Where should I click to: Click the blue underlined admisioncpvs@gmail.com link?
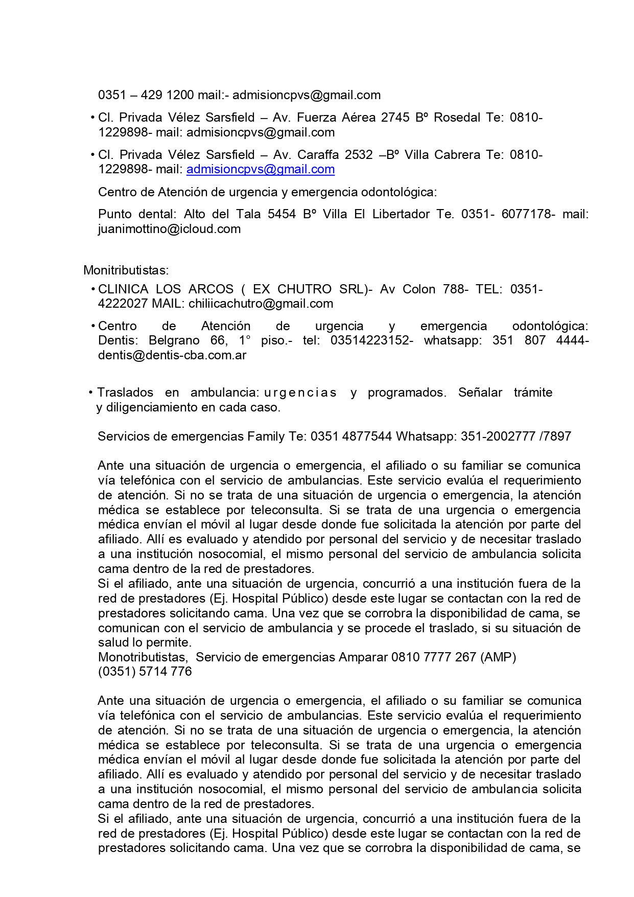coord(261,169)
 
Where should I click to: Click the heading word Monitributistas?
coord(126,270)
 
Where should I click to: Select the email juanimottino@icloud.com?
coord(169,229)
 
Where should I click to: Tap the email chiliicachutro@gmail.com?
coord(261,304)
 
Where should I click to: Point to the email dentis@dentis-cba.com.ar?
coord(172,355)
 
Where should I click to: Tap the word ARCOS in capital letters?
coord(211,289)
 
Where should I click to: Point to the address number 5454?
coord(281,214)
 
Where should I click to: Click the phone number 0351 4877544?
coord(351,436)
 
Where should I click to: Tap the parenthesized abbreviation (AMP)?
coord(498,657)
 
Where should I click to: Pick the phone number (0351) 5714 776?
coord(145,672)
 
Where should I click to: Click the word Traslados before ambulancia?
coord(125,393)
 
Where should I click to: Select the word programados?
coord(407,393)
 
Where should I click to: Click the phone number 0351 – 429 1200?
coord(146,95)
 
